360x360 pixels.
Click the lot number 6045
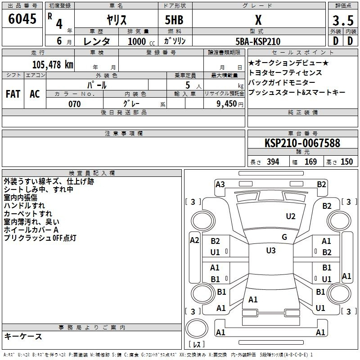coord(22,19)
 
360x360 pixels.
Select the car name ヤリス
coord(117,20)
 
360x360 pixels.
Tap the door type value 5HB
coord(174,20)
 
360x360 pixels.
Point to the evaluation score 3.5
coord(343,21)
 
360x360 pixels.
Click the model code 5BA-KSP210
coord(258,41)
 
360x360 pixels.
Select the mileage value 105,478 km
coord(53,64)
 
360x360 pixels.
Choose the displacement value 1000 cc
coord(141,41)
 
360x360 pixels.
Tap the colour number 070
coord(75,104)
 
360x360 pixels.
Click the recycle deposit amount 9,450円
coord(230,104)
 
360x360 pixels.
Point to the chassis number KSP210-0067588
coord(302,143)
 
